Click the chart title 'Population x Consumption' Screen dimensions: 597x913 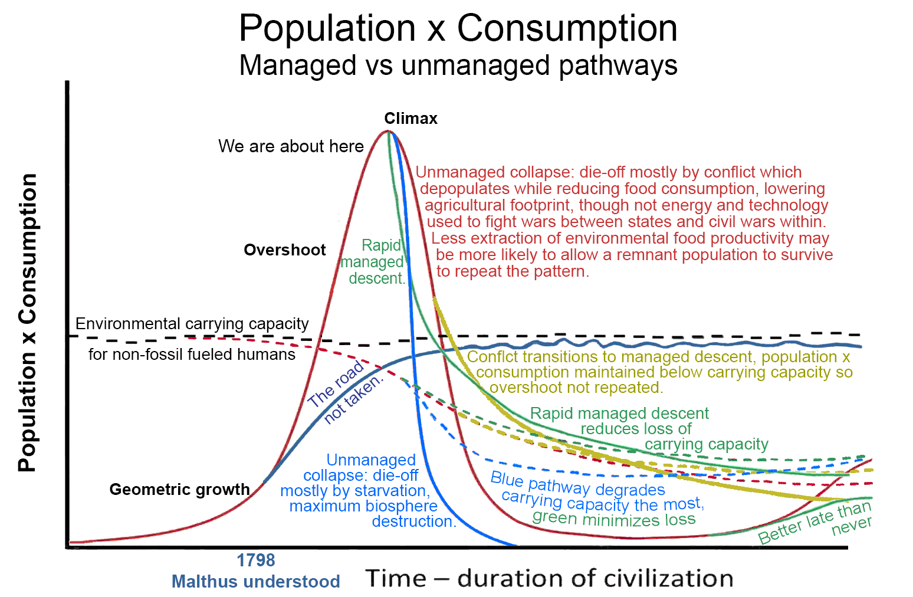458,28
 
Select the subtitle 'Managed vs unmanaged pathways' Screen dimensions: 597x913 458,65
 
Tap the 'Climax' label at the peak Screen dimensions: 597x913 410,119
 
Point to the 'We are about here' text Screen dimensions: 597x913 291,146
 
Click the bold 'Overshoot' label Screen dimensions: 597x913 284,250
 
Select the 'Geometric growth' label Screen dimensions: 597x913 179,490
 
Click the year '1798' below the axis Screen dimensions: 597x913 255,560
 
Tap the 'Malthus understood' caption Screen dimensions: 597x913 255,582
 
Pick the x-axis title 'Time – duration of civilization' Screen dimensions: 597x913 549,579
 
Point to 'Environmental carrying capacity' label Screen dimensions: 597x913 192,324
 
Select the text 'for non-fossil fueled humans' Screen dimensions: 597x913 192,355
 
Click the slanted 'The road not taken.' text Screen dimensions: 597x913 345,393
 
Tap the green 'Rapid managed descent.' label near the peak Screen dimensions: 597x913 375,261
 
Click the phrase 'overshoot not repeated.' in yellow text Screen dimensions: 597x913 576,388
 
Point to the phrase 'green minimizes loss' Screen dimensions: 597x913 613,519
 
